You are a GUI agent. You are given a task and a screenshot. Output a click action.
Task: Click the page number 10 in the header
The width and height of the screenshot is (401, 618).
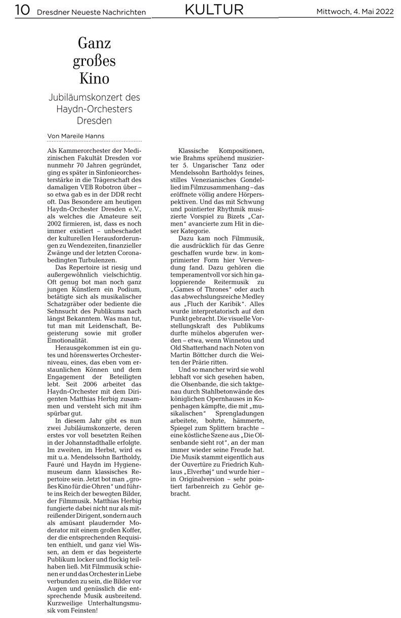coord(22,10)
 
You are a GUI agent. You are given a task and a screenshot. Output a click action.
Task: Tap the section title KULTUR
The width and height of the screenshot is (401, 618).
coord(214,9)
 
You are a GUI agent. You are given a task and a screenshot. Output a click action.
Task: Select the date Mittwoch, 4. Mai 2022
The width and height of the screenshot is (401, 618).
coord(356,11)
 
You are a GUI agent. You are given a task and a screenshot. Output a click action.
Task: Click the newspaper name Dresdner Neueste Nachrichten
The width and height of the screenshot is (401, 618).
coord(91,12)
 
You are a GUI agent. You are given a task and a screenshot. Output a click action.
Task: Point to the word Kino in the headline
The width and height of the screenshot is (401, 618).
coord(94,78)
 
